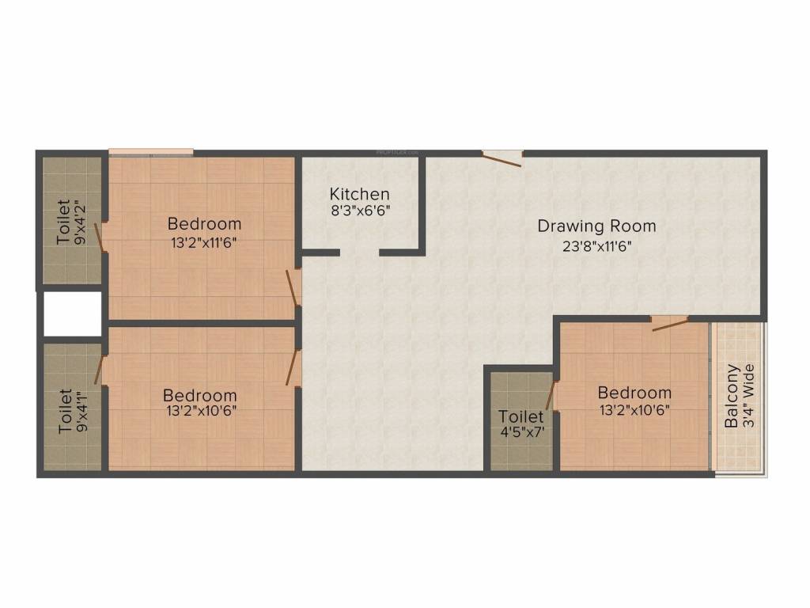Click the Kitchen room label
(359, 194)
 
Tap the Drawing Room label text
(596, 226)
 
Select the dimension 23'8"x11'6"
(596, 245)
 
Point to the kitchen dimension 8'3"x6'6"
(360, 211)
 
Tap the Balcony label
(733, 396)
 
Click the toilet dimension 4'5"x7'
(520, 432)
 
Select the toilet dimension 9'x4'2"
(79, 222)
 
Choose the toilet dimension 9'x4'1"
(81, 409)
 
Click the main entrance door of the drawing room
(502, 157)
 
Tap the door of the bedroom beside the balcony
(669, 321)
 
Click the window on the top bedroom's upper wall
(151, 151)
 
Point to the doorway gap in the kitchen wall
(359, 253)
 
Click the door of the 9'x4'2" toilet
(101, 237)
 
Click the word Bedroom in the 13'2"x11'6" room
(204, 224)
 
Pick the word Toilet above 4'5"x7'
(520, 416)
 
